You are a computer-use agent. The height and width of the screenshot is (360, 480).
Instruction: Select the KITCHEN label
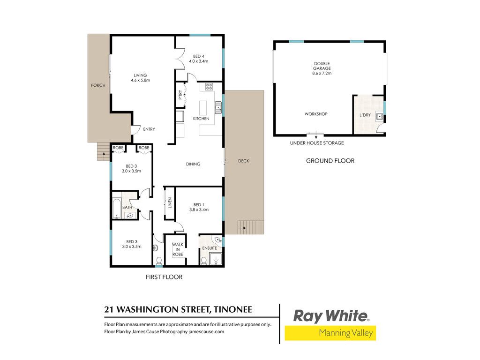coord(201,119)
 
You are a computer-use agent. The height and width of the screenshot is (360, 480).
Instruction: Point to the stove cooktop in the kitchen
coord(209,87)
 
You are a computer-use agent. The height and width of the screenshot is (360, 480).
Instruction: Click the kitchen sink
coord(218,107)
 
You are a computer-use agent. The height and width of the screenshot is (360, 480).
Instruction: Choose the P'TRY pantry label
coord(180,95)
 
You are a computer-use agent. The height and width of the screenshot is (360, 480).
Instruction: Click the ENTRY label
coord(149,129)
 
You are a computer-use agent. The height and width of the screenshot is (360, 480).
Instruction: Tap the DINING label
coord(193,164)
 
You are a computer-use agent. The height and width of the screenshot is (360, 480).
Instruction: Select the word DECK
coord(244,161)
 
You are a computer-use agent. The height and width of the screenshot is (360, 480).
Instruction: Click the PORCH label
coord(98,85)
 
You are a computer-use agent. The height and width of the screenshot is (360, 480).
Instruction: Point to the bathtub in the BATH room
coord(117,209)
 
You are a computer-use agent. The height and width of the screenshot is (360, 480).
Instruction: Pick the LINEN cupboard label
coord(170,202)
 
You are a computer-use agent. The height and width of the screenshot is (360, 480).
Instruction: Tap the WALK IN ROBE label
coord(178,249)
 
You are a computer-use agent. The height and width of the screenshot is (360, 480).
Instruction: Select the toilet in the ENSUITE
coord(204,261)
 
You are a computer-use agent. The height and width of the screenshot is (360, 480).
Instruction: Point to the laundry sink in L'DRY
coord(380,116)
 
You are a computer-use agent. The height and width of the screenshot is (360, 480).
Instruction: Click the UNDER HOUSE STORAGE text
coord(317,143)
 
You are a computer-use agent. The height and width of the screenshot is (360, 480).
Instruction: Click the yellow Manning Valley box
coord(330,333)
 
